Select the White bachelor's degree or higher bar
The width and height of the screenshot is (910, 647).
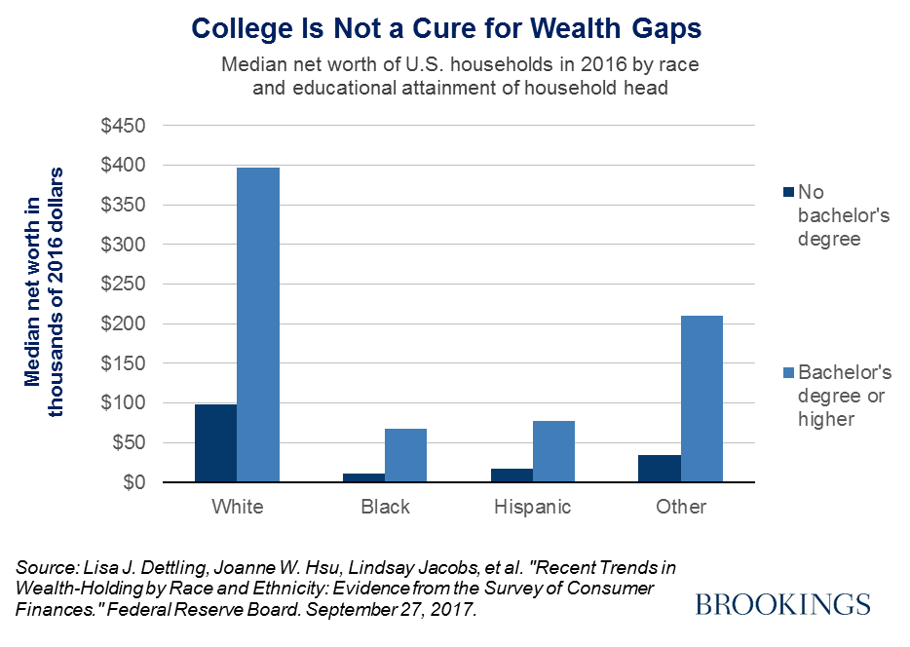tap(258, 324)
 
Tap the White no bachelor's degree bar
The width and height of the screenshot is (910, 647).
tap(215, 442)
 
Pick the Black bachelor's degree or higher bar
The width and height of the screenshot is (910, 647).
tap(405, 455)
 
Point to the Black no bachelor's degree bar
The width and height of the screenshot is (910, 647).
tap(363, 477)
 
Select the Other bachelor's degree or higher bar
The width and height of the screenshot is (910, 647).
tap(701, 399)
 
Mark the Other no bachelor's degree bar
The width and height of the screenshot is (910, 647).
tap(659, 468)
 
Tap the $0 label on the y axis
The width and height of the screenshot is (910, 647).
tap(134, 482)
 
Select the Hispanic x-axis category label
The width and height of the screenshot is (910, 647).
tap(532, 507)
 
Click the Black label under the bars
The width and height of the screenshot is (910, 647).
tap(385, 507)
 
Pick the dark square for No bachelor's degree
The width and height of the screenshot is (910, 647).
tap(787, 192)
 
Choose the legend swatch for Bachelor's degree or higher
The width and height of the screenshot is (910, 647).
tap(787, 372)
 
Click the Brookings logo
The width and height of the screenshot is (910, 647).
tap(782, 605)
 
